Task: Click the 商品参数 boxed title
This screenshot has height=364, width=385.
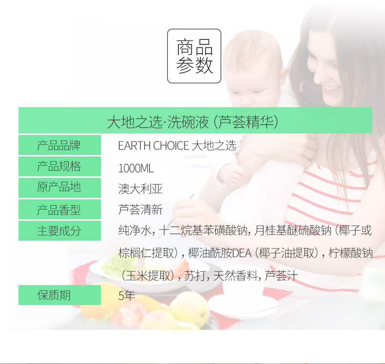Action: (x=194, y=56)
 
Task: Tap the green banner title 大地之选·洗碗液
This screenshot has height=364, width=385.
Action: (x=158, y=122)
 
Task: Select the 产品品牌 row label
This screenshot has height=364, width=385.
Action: (x=59, y=145)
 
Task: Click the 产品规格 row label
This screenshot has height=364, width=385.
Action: (x=59, y=166)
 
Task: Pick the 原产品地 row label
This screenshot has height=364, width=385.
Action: (x=59, y=187)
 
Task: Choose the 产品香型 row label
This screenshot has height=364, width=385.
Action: (x=59, y=210)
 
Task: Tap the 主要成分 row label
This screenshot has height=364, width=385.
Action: (x=59, y=230)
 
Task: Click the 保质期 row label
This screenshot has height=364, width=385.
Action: (x=54, y=295)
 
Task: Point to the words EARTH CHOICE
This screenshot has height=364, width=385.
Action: (x=154, y=146)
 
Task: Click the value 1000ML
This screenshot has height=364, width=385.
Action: (x=136, y=169)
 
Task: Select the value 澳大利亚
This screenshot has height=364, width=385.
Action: (x=140, y=189)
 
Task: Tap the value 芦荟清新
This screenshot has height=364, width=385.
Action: (x=140, y=210)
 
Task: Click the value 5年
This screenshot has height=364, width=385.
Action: (x=126, y=295)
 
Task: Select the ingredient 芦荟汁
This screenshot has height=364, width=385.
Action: (x=281, y=275)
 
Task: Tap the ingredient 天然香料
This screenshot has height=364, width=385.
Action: (x=235, y=275)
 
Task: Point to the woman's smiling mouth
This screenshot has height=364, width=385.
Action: (x=331, y=88)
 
